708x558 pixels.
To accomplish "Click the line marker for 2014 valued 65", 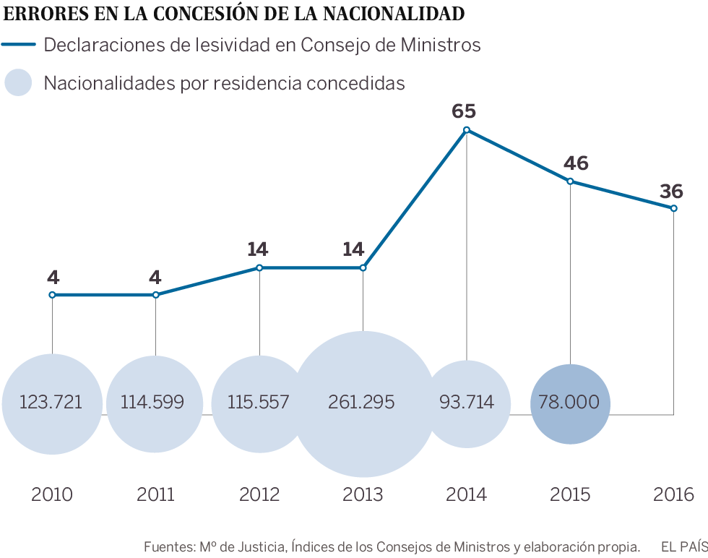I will tap(467, 130).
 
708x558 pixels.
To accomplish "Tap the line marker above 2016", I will tap(674, 208).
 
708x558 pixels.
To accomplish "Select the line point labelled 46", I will tap(570, 181).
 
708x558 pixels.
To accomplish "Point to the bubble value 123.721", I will tap(51, 403).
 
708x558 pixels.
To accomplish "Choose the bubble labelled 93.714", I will tap(467, 403).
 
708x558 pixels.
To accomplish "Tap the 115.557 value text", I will tap(259, 403).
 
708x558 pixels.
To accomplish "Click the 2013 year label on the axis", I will tap(363, 495).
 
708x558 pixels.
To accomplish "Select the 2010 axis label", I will tap(52, 495).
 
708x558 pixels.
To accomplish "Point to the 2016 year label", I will tap(673, 495).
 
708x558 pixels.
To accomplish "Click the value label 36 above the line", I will tap(671, 192).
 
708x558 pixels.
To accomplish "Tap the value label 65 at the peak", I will tap(464, 111).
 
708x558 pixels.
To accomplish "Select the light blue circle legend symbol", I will tap(19, 82).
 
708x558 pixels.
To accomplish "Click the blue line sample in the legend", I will tap(19, 45).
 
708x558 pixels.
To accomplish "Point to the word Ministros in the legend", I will tap(440, 45).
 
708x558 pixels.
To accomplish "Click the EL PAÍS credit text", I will tap(683, 546).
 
